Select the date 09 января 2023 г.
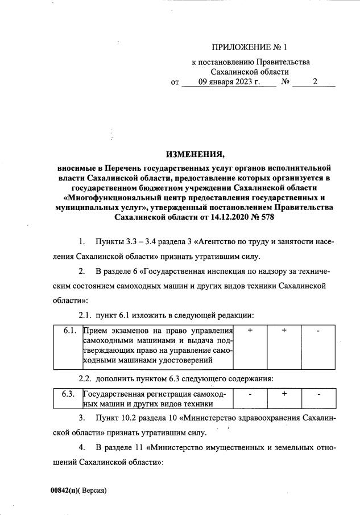tap(229, 83)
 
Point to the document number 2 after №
tap(316, 83)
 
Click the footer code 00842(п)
tap(63, 490)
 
